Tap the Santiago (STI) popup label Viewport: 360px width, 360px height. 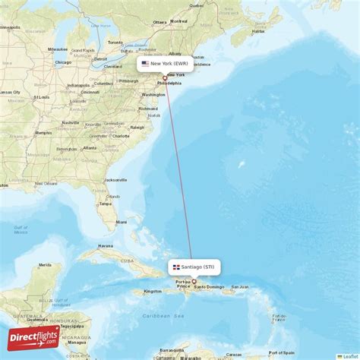click(197, 267)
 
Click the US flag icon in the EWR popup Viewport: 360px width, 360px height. click(145, 64)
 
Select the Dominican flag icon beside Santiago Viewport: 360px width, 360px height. click(175, 267)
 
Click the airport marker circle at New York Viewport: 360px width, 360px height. click(165, 77)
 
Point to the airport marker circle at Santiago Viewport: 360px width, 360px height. click(193, 281)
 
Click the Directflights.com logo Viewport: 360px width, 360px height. click(33, 338)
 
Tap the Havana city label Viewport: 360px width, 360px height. click(105, 246)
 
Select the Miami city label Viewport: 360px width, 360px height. click(122, 222)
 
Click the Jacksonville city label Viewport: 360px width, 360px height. click(115, 180)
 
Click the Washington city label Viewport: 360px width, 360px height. click(153, 94)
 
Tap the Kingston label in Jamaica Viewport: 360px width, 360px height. click(153, 291)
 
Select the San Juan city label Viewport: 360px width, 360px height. click(240, 286)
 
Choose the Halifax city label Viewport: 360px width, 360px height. click(258, 31)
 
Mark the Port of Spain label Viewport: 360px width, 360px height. click(282, 352)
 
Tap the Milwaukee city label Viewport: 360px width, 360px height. click(58, 49)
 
